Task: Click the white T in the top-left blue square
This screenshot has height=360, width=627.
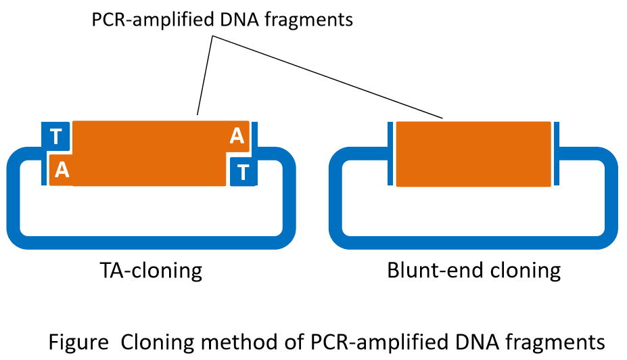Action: click(56, 137)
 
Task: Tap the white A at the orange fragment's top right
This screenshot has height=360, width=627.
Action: click(237, 136)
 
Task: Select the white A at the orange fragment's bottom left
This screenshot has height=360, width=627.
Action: click(62, 170)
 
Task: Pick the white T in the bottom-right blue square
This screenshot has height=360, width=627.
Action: click(243, 173)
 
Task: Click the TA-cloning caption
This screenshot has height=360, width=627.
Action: click(151, 271)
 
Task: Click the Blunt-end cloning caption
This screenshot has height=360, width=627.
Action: click(474, 271)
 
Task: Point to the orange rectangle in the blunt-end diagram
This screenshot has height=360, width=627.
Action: click(473, 154)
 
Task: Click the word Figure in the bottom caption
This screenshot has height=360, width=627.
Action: click(78, 342)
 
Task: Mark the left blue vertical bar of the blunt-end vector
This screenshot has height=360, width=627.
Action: click(390, 154)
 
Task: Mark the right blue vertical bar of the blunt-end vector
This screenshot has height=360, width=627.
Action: click(556, 154)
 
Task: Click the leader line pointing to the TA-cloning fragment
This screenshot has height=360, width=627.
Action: click(205, 76)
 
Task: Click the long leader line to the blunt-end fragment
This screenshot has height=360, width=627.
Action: click(328, 77)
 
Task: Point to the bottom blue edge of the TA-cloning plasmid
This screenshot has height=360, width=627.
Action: click(151, 242)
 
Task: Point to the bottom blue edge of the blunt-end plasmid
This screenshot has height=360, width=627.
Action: click(473, 242)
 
